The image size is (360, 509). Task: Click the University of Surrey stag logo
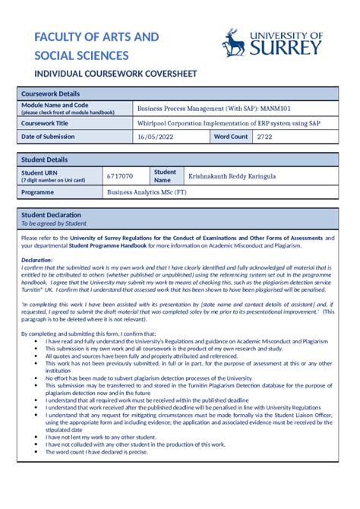tap(234, 43)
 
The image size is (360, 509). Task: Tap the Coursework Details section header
tap(50, 93)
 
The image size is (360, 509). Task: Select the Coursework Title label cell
tap(45, 122)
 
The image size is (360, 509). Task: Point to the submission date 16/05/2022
tap(156, 137)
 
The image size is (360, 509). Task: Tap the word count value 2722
tap(264, 137)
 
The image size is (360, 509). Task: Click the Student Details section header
tap(44, 160)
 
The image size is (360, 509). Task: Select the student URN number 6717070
tap(119, 176)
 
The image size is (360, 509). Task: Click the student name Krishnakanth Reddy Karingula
tap(232, 176)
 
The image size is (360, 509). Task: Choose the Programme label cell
tap(38, 193)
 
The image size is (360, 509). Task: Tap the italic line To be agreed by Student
tap(53, 223)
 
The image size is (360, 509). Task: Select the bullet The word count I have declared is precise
tap(101, 451)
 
